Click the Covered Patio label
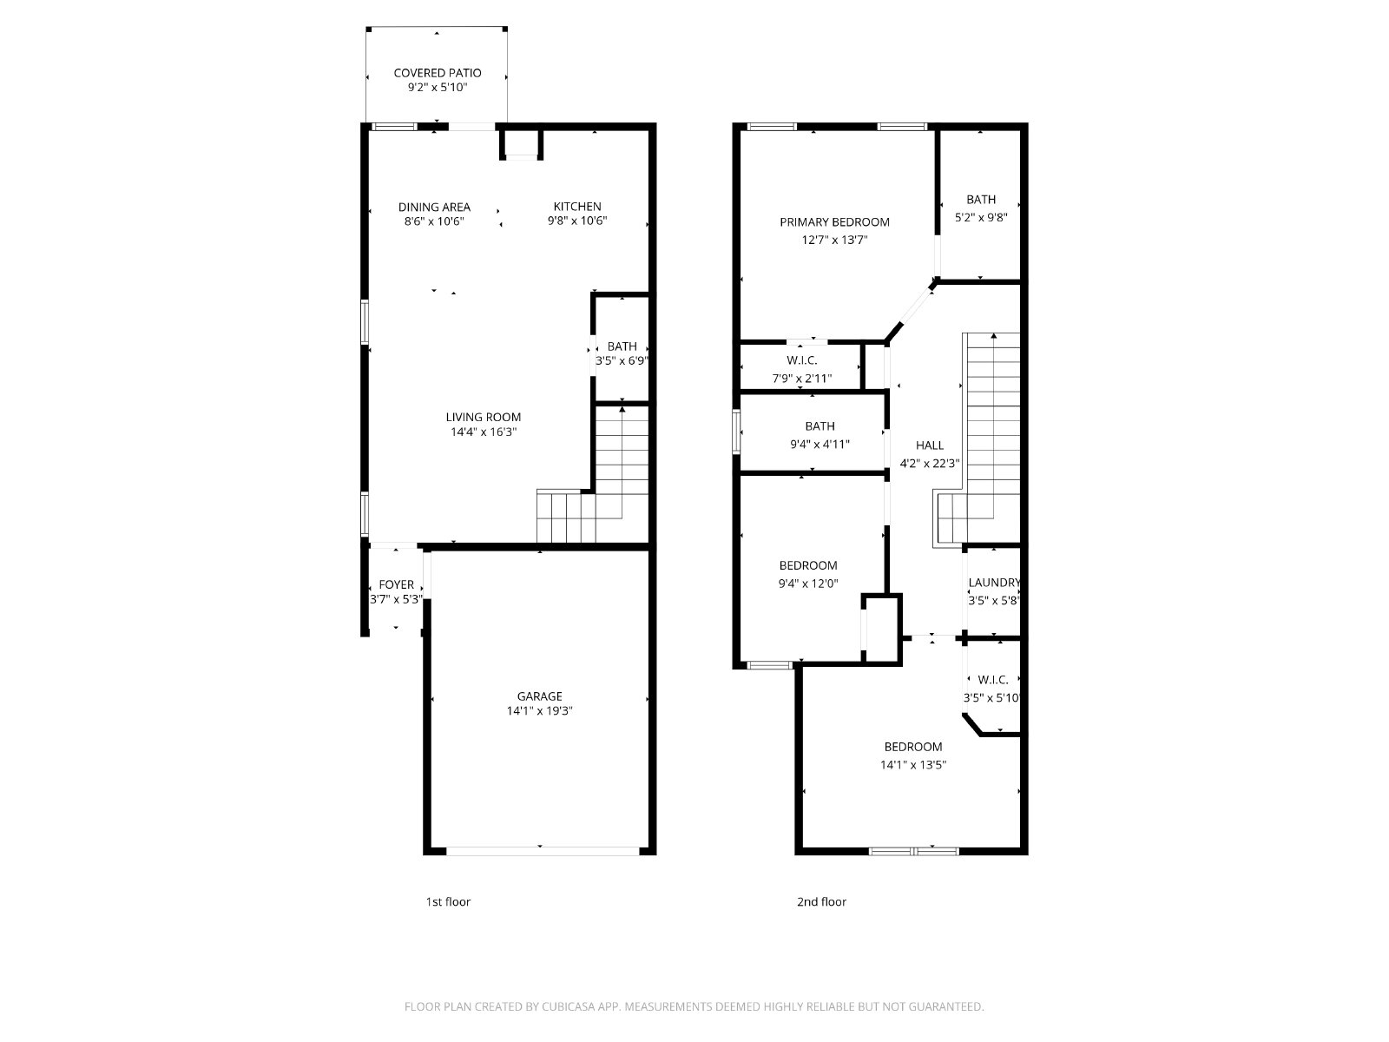click(438, 73)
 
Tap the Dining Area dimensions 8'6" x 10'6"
click(434, 221)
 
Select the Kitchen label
click(577, 207)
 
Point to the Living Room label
click(484, 417)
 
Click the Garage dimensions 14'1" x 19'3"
click(540, 710)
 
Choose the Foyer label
click(396, 584)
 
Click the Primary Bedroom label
click(834, 222)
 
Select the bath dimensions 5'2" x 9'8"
click(981, 217)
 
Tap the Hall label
click(930, 445)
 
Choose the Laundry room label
click(994, 582)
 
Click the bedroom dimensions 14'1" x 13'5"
click(913, 764)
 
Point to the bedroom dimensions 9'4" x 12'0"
click(808, 584)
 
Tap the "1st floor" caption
click(448, 901)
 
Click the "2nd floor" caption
click(821, 901)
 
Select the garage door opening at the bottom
click(543, 851)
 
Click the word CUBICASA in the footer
click(569, 1006)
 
